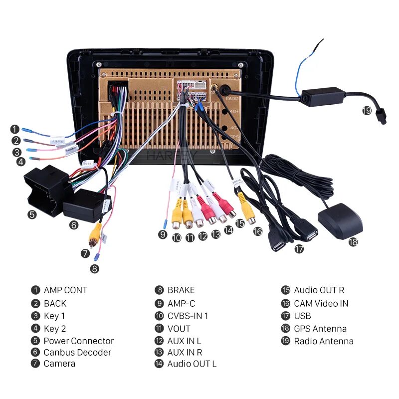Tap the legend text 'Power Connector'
pos(78,341)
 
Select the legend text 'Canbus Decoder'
pos(77,353)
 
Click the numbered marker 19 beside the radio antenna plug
pos(367,110)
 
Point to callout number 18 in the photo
pos(353,242)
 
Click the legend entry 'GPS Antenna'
pos(320,329)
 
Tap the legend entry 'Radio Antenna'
pos(323,342)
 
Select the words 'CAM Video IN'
pos(321,303)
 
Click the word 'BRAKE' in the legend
pos(181,290)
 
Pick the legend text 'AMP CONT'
pos(65,290)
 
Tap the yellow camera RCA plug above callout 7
pos(95,234)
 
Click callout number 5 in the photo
pos(32,214)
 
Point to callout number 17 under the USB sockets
pos(299,249)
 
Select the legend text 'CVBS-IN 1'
pos(188,316)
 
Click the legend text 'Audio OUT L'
pos(192,364)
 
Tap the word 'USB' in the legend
pos(302,316)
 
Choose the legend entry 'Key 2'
pos(54,329)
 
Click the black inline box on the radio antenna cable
pos(324,96)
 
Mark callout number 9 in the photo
pos(163,234)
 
